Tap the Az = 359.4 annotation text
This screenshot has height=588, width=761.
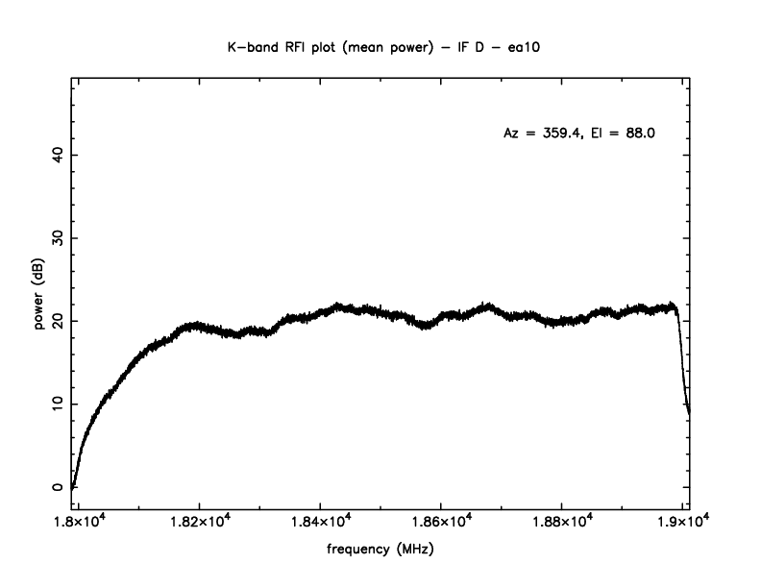click(x=541, y=134)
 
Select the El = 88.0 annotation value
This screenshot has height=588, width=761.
click(x=623, y=134)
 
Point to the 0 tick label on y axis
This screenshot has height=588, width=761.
click(x=57, y=486)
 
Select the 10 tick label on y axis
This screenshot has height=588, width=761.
click(x=57, y=404)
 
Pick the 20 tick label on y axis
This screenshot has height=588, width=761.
click(x=57, y=320)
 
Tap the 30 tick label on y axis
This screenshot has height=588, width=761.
click(x=57, y=237)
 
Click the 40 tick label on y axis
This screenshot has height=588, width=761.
click(x=57, y=155)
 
